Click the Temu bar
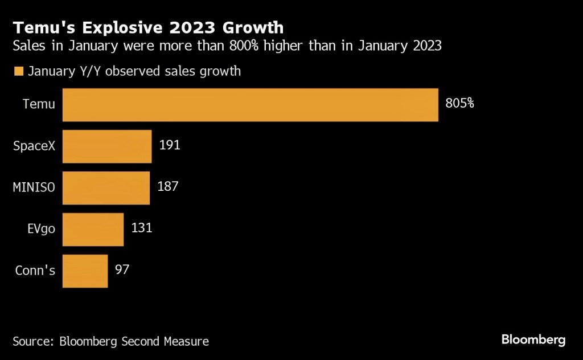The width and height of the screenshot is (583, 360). click(x=250, y=105)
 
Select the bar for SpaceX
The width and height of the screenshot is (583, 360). click(x=106, y=146)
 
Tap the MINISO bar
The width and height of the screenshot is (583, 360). click(x=106, y=188)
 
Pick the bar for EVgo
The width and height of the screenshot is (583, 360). click(x=93, y=230)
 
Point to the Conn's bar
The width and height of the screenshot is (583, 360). click(x=85, y=271)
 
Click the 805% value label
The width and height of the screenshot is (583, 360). click(x=459, y=104)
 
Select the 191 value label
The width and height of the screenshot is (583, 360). click(x=170, y=145)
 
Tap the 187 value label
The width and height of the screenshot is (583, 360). click(x=168, y=187)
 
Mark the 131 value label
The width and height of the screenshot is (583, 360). click(x=142, y=228)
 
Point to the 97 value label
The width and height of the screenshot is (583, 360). click(x=121, y=269)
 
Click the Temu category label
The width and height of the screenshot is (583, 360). click(x=39, y=104)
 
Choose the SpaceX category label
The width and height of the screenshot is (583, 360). click(x=34, y=146)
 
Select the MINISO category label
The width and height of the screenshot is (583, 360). click(x=34, y=187)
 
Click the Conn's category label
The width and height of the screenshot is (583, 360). click(x=35, y=271)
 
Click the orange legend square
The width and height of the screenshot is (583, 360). click(x=18, y=71)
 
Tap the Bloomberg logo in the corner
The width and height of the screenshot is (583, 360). click(x=533, y=340)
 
